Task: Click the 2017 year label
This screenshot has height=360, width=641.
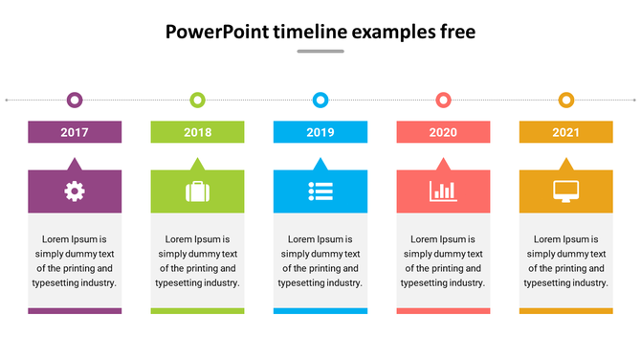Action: (75, 132)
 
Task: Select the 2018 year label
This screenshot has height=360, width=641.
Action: (198, 132)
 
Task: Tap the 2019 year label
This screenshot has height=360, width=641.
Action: (320, 132)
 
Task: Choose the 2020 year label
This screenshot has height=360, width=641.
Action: (443, 132)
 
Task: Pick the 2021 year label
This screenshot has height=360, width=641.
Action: (565, 132)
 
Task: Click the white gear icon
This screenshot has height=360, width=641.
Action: (75, 191)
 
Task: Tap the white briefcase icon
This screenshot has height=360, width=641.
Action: (197, 191)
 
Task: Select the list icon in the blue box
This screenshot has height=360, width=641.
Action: (320, 191)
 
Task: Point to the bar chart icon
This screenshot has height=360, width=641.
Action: (443, 191)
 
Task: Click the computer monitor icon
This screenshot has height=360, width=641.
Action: (566, 191)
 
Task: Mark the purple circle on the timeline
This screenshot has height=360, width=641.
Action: (75, 100)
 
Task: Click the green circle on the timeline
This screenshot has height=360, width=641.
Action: (197, 100)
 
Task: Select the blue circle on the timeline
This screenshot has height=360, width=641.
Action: (320, 100)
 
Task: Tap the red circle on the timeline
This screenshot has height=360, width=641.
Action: (443, 100)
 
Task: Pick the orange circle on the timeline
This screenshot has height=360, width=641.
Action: (566, 100)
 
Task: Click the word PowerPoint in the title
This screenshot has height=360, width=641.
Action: (216, 32)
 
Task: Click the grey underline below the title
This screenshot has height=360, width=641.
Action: (320, 52)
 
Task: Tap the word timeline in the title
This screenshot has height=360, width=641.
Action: (310, 32)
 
